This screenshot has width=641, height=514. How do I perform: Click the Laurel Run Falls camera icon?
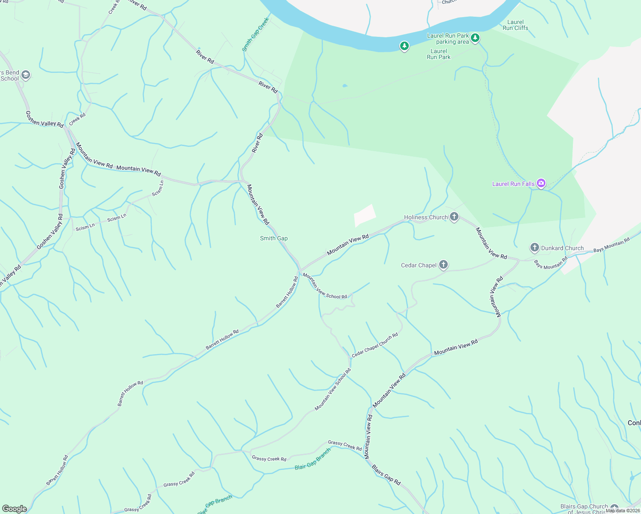click(x=541, y=184)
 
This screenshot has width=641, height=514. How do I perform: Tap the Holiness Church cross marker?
click(x=454, y=217)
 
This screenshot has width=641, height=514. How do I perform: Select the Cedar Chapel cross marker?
click(x=443, y=265)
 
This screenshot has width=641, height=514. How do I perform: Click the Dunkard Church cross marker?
click(x=534, y=248)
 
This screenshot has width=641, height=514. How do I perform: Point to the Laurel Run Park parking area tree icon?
click(x=475, y=39)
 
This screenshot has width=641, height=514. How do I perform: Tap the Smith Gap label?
click(x=274, y=238)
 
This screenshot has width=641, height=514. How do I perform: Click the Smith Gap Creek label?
click(x=255, y=34)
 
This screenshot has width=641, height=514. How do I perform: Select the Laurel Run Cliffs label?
click(x=515, y=25)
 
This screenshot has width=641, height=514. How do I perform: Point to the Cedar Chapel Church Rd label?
click(x=375, y=345)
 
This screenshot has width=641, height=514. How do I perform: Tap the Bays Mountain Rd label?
click(x=611, y=245)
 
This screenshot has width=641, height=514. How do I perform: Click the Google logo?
click(x=15, y=508)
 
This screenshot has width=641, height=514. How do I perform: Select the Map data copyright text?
click(x=623, y=510)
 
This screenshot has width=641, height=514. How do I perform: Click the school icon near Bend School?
click(x=25, y=75)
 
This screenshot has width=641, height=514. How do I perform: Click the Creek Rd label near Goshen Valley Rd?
click(x=77, y=118)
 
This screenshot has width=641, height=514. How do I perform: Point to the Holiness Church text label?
click(x=425, y=217)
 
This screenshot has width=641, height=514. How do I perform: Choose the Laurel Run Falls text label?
click(x=513, y=184)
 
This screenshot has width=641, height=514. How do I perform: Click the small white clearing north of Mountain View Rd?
click(x=365, y=215)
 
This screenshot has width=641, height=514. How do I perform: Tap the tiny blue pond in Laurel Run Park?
click(x=345, y=86)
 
